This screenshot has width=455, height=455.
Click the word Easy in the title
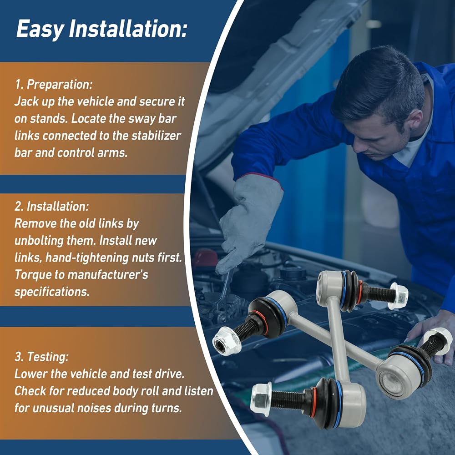coord(40,29)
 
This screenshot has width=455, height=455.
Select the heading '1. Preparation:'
coord(54,85)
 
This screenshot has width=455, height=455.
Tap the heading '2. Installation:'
coord(52,206)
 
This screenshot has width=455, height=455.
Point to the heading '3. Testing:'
coord(41,357)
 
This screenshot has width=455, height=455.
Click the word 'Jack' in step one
coord(24,101)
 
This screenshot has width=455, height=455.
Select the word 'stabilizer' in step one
coord(156,136)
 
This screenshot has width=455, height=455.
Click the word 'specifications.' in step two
coord(52,292)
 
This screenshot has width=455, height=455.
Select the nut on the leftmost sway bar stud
coord(227,340)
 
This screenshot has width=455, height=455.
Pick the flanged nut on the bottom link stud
coord(261,399)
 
